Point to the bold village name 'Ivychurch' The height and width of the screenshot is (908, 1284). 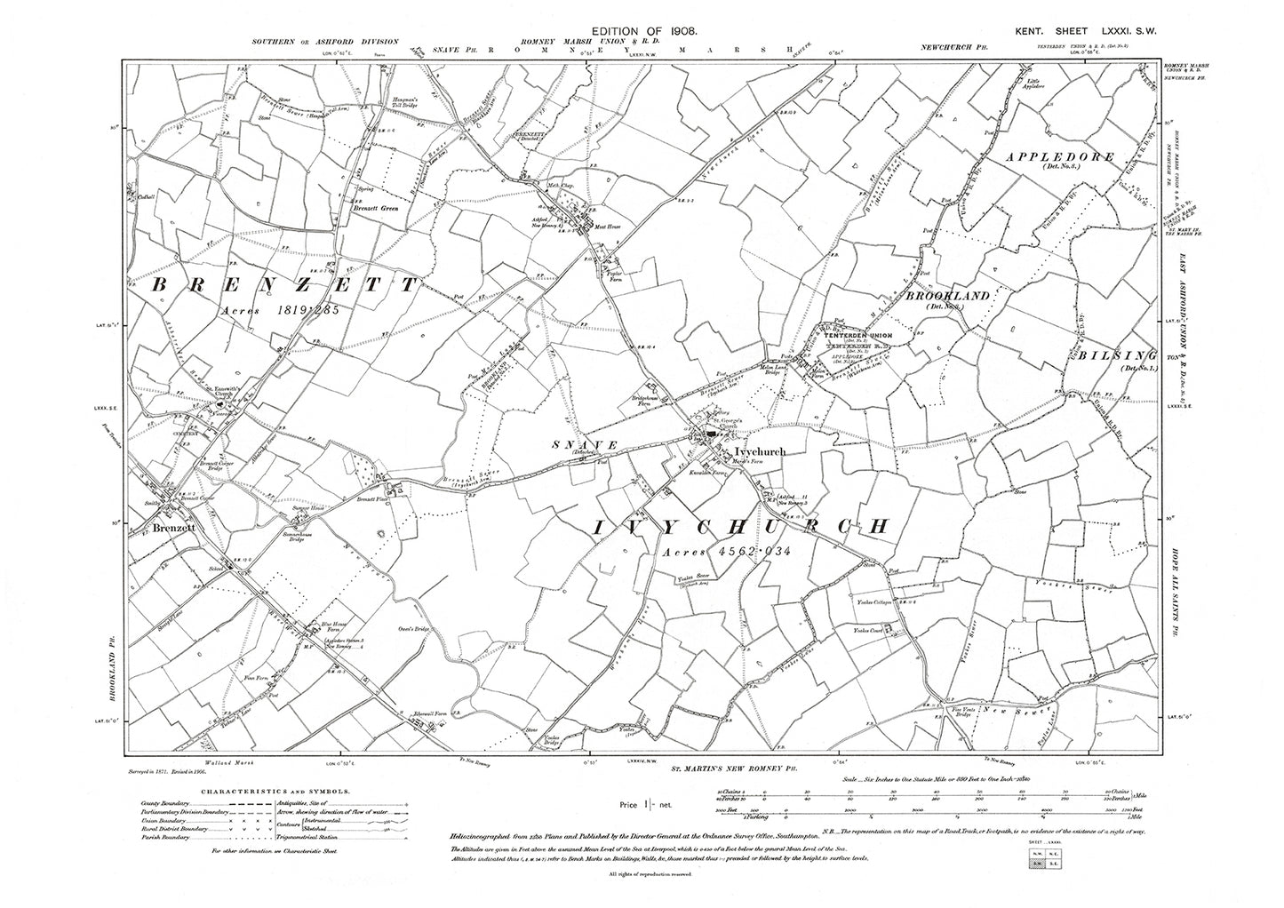tap(749, 452)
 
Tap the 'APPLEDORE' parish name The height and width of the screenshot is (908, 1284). tap(1060, 157)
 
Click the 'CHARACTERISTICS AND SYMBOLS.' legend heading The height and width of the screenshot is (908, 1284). tap(275, 790)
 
